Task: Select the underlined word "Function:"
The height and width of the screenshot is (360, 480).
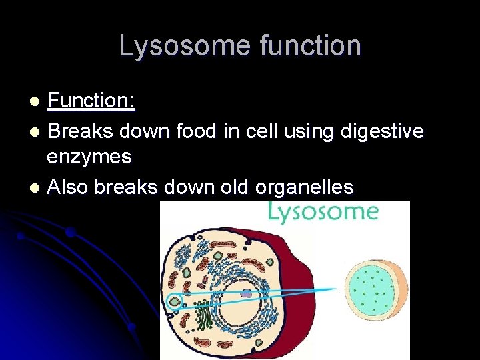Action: click(91, 101)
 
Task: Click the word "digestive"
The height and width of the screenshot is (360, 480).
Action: click(382, 131)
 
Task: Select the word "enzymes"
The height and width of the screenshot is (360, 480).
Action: click(89, 158)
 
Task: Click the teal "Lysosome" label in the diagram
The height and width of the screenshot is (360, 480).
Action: click(323, 212)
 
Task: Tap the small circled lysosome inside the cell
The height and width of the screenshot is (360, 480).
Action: click(175, 301)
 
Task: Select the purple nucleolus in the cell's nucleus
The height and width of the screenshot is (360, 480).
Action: click(246, 293)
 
